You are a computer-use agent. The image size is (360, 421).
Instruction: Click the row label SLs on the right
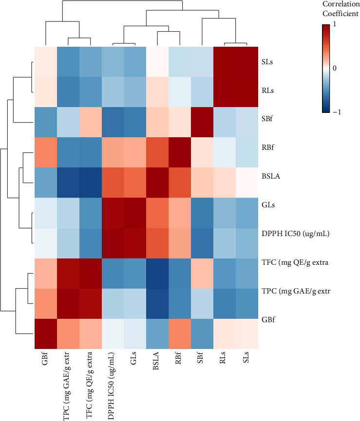coord(267,62)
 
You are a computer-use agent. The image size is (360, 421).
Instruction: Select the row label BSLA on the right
coord(271,176)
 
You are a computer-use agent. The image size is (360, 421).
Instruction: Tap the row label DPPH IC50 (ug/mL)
coord(296,234)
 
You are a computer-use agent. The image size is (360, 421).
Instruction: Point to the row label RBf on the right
coord(268,147)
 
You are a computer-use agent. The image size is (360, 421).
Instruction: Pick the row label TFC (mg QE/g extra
coord(295,263)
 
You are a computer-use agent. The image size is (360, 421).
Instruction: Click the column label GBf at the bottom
coord(45,358)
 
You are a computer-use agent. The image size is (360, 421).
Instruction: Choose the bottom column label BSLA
coord(156,361)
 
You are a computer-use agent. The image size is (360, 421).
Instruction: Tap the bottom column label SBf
coord(200,358)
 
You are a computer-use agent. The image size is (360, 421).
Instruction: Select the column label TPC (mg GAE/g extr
coord(66,386)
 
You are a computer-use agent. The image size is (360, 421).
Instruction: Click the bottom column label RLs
coord(223,358)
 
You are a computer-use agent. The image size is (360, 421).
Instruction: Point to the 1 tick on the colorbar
coord(335,24)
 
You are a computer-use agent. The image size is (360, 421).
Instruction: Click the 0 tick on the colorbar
coord(335,68)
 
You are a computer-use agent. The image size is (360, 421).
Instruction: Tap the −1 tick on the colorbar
coord(337,112)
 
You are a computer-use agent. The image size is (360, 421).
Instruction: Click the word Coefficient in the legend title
coord(341,14)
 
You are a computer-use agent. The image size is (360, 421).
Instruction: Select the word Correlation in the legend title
coord(341,4)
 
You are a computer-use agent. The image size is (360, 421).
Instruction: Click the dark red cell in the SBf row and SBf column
coord(202,122)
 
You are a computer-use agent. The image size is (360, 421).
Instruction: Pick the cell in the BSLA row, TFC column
coord(91,183)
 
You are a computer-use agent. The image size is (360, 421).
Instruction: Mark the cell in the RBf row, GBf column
coord(46,152)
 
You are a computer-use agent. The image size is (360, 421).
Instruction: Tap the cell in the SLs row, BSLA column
coord(157,62)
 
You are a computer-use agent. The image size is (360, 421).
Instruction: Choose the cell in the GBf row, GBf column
coord(46,334)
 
